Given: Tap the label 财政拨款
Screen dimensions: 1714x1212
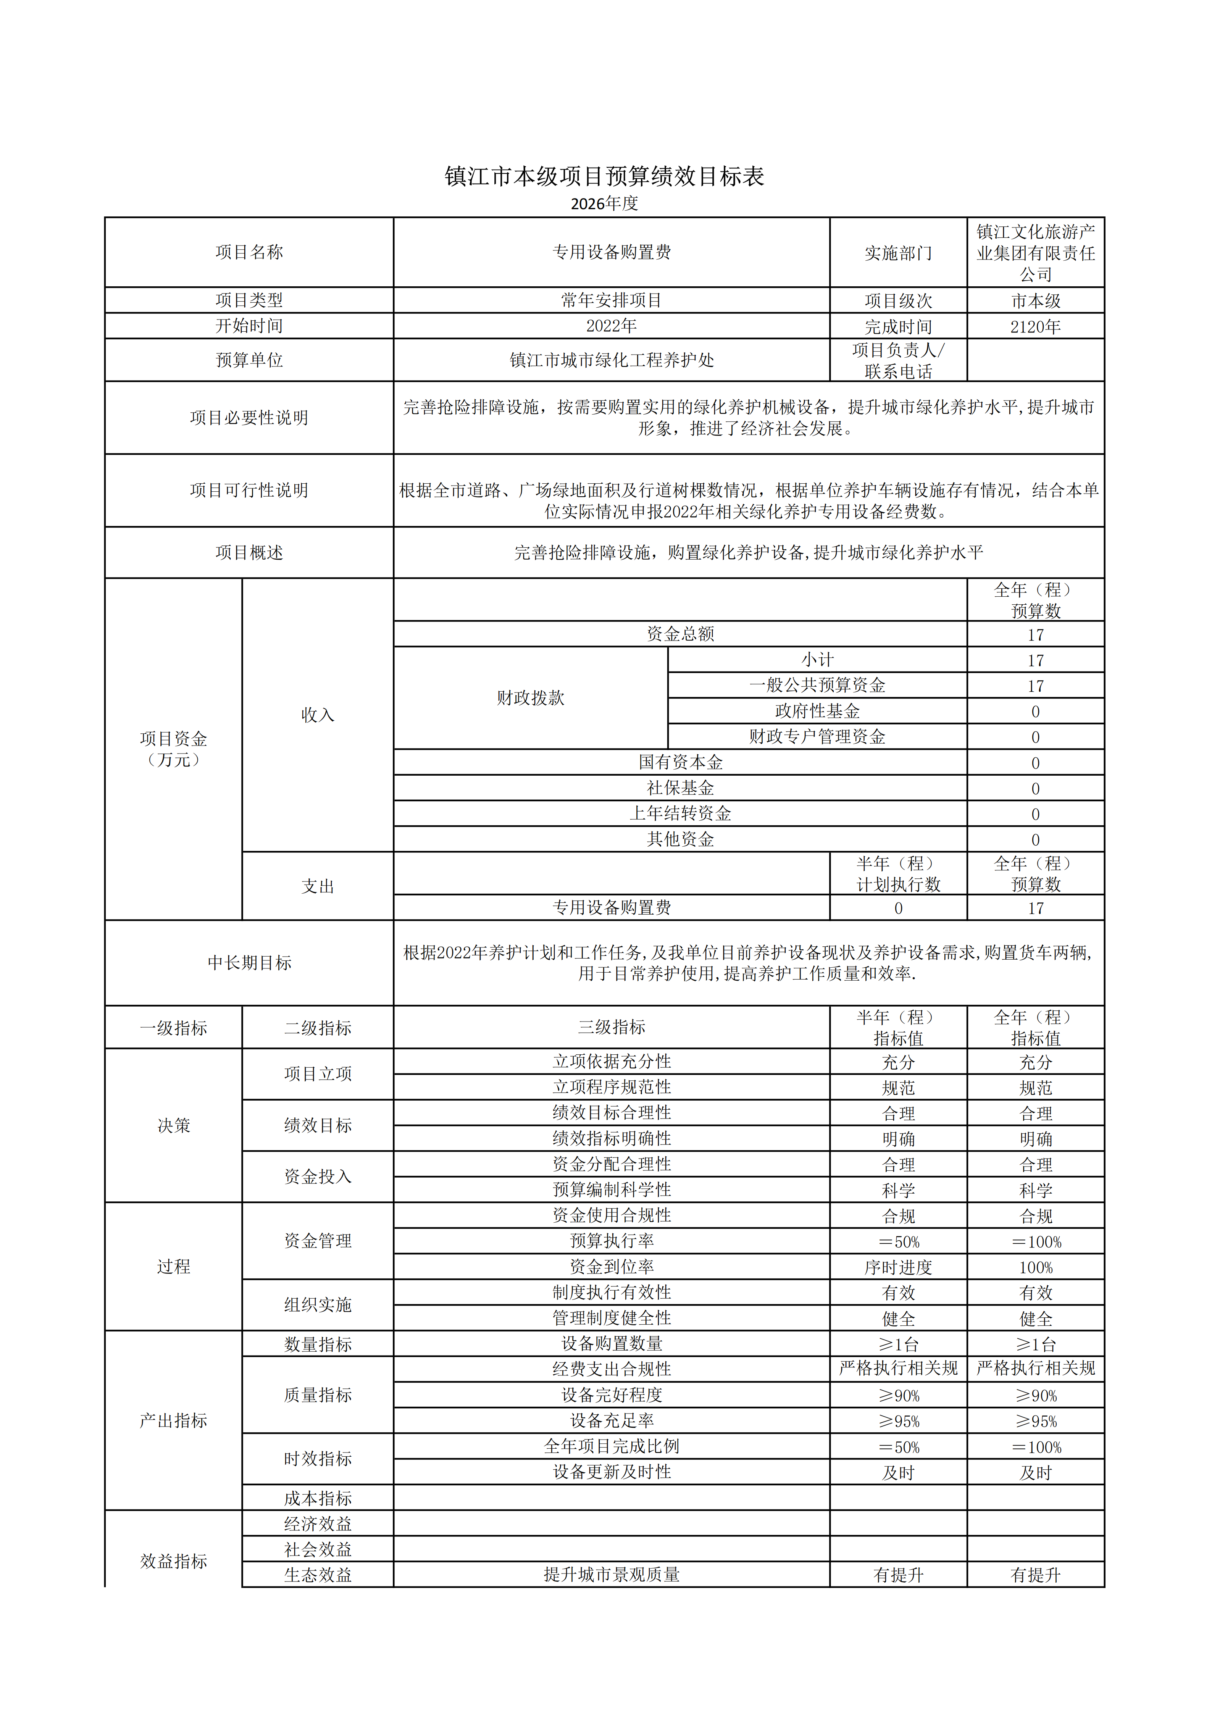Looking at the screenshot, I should coord(531,698).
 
